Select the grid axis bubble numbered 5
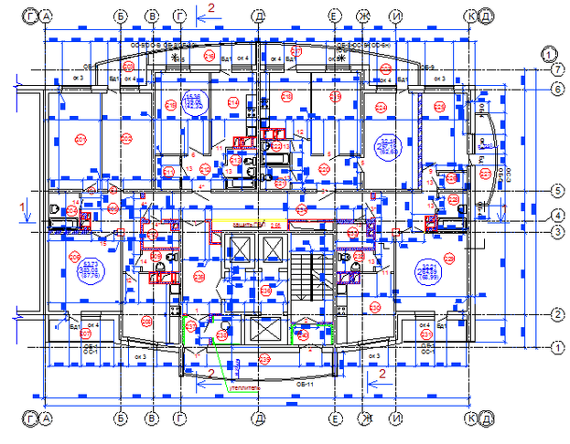pos(555,191)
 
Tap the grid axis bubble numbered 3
pos(555,231)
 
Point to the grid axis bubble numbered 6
pos(555,89)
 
